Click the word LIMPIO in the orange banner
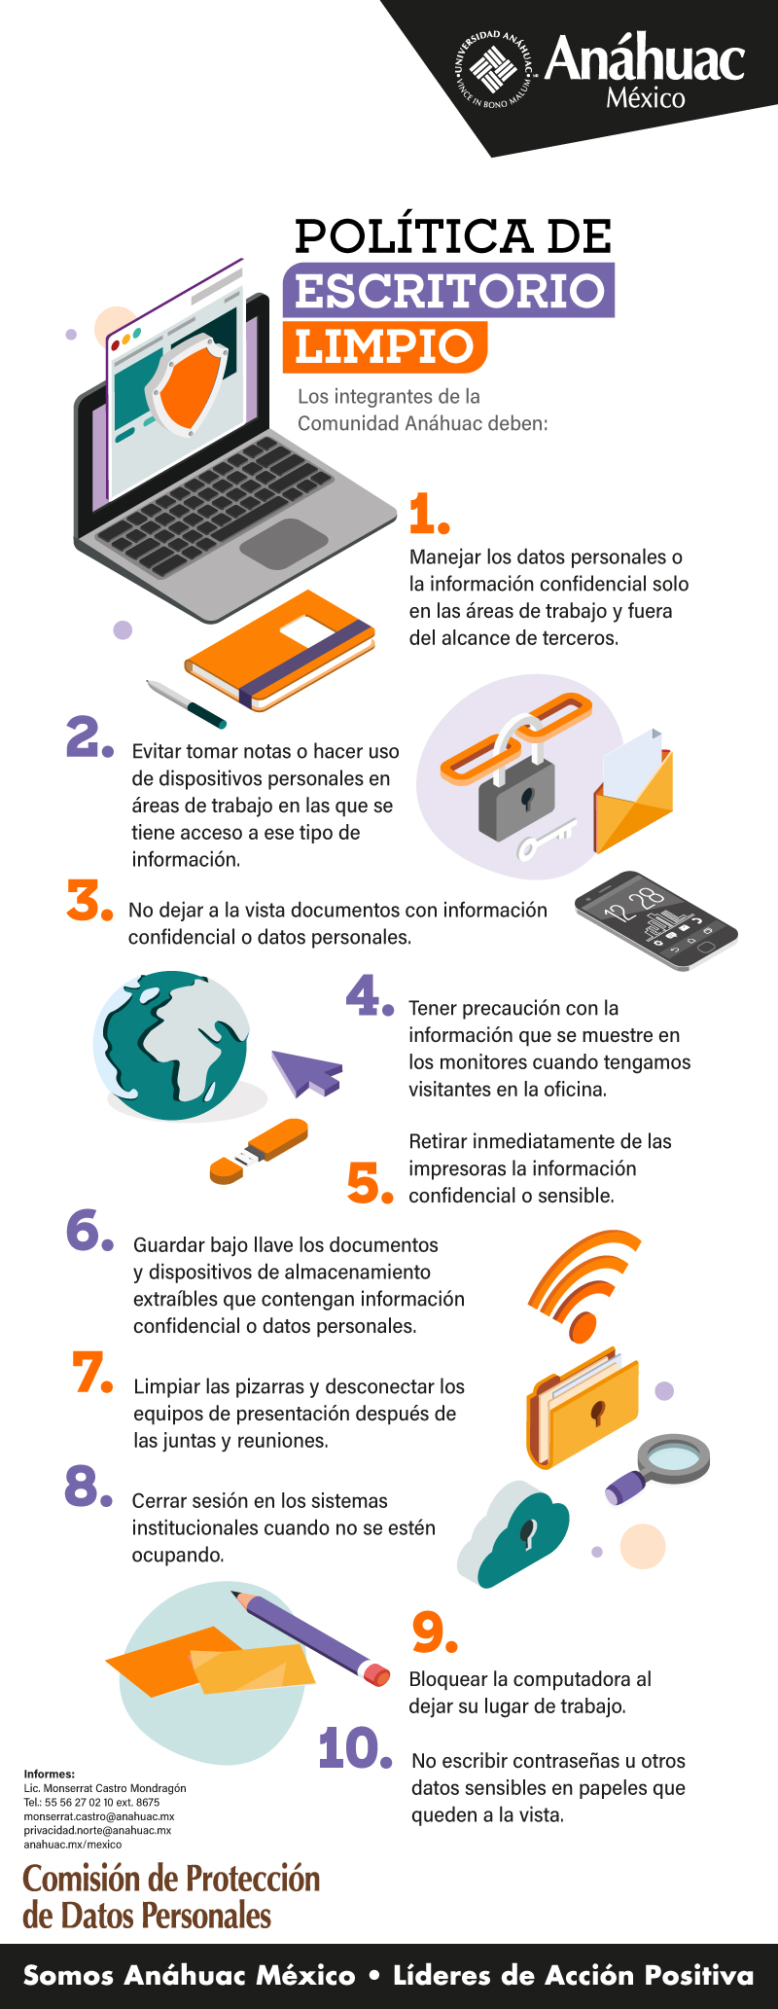383,346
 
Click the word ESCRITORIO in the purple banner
449,291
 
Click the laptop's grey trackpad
283,543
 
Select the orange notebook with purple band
282,649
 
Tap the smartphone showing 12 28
656,920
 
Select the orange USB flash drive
261,1150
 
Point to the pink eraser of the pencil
375,1674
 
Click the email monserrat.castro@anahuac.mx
99,1816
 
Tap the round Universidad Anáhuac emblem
495,69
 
